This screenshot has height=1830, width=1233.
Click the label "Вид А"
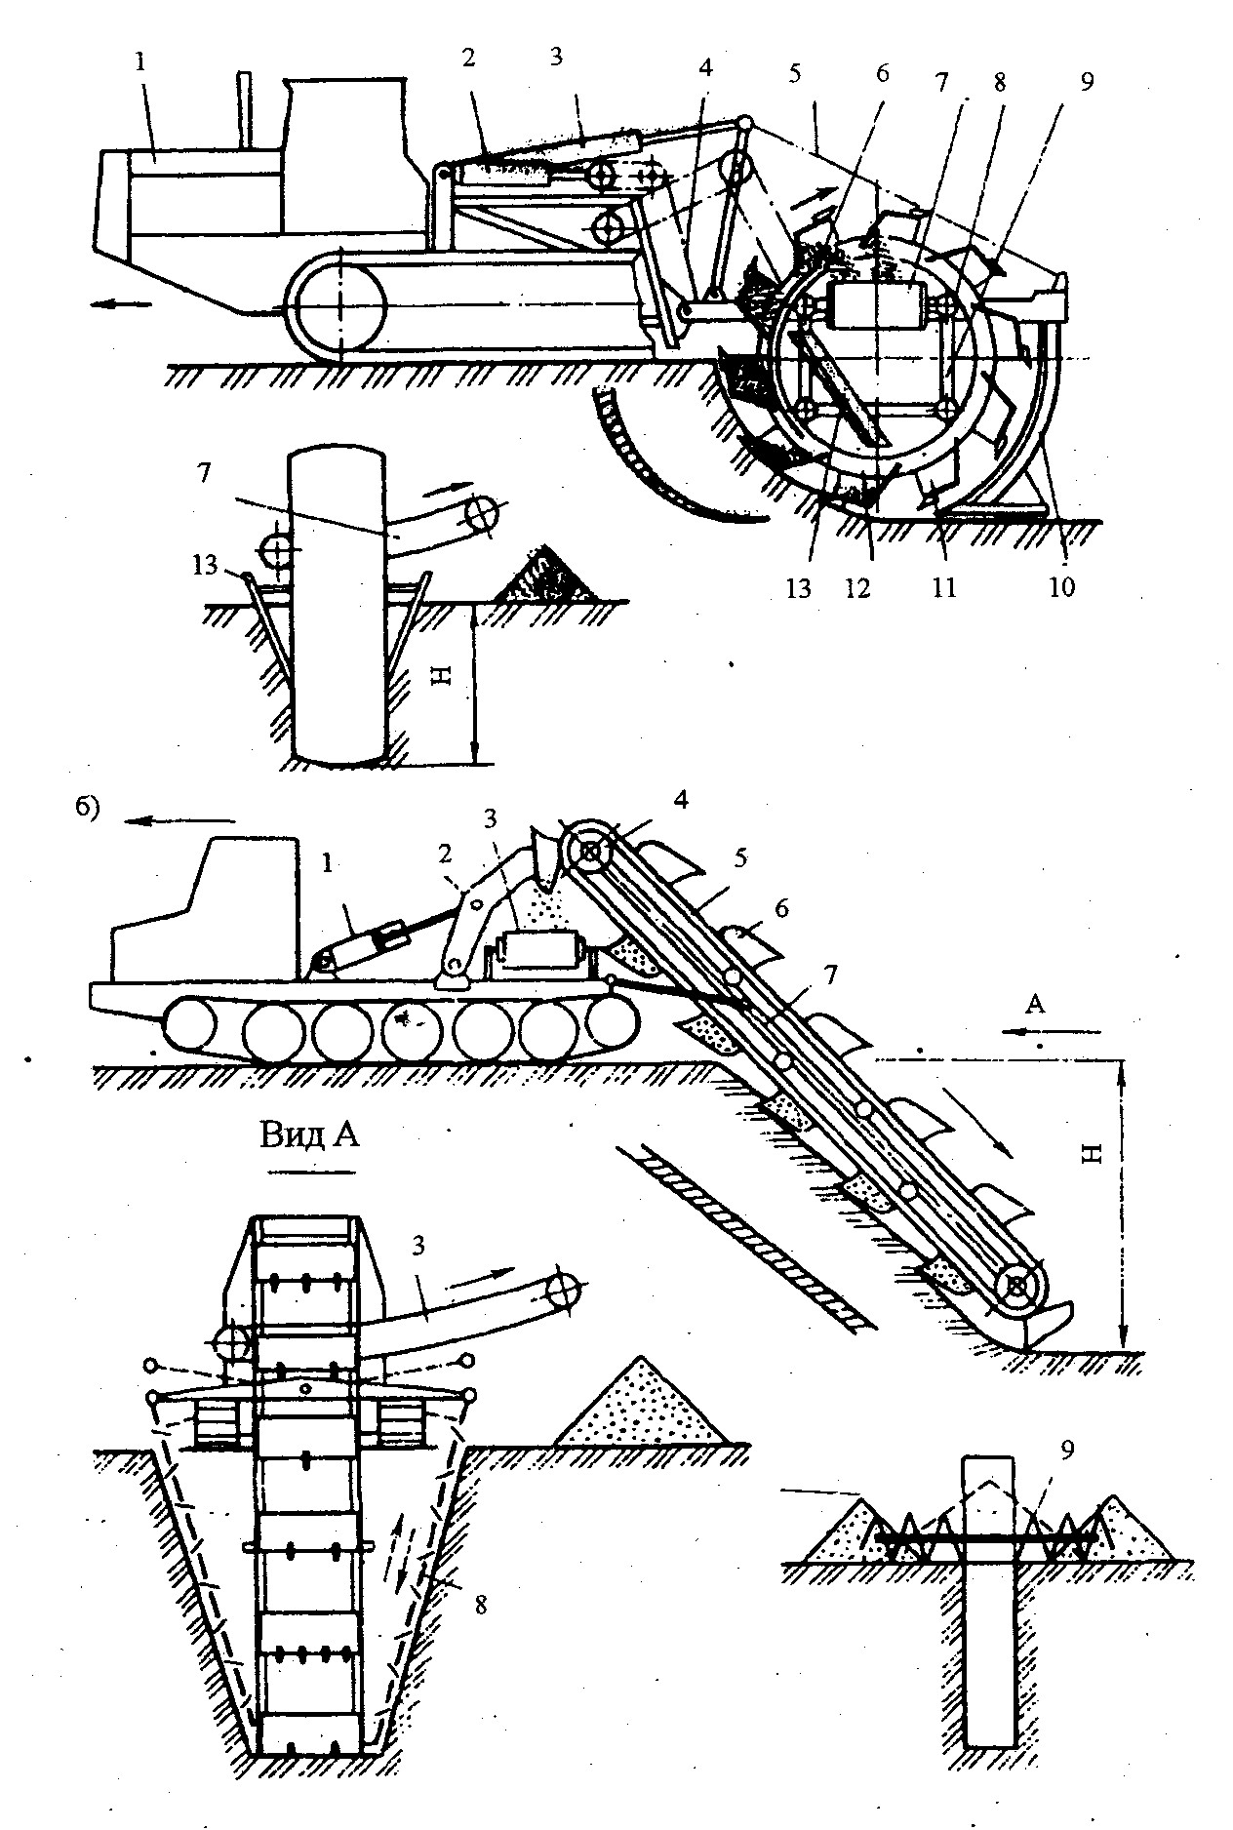[308, 1134]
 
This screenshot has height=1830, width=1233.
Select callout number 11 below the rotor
[945, 587]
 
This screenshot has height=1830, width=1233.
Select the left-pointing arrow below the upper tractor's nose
[124, 304]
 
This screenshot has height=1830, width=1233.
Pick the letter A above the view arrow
[1036, 1005]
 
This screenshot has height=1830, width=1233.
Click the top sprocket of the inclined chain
[591, 852]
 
